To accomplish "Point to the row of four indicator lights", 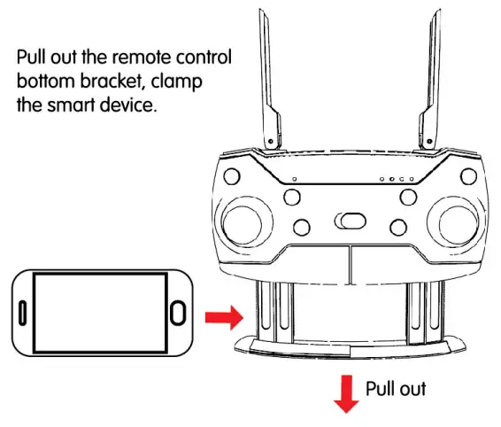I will [397, 180].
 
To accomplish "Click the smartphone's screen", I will [99, 313].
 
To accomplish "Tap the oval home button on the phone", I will [177, 313].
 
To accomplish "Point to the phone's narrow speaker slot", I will [21, 313].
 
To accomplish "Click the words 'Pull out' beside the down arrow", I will [396, 389].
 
